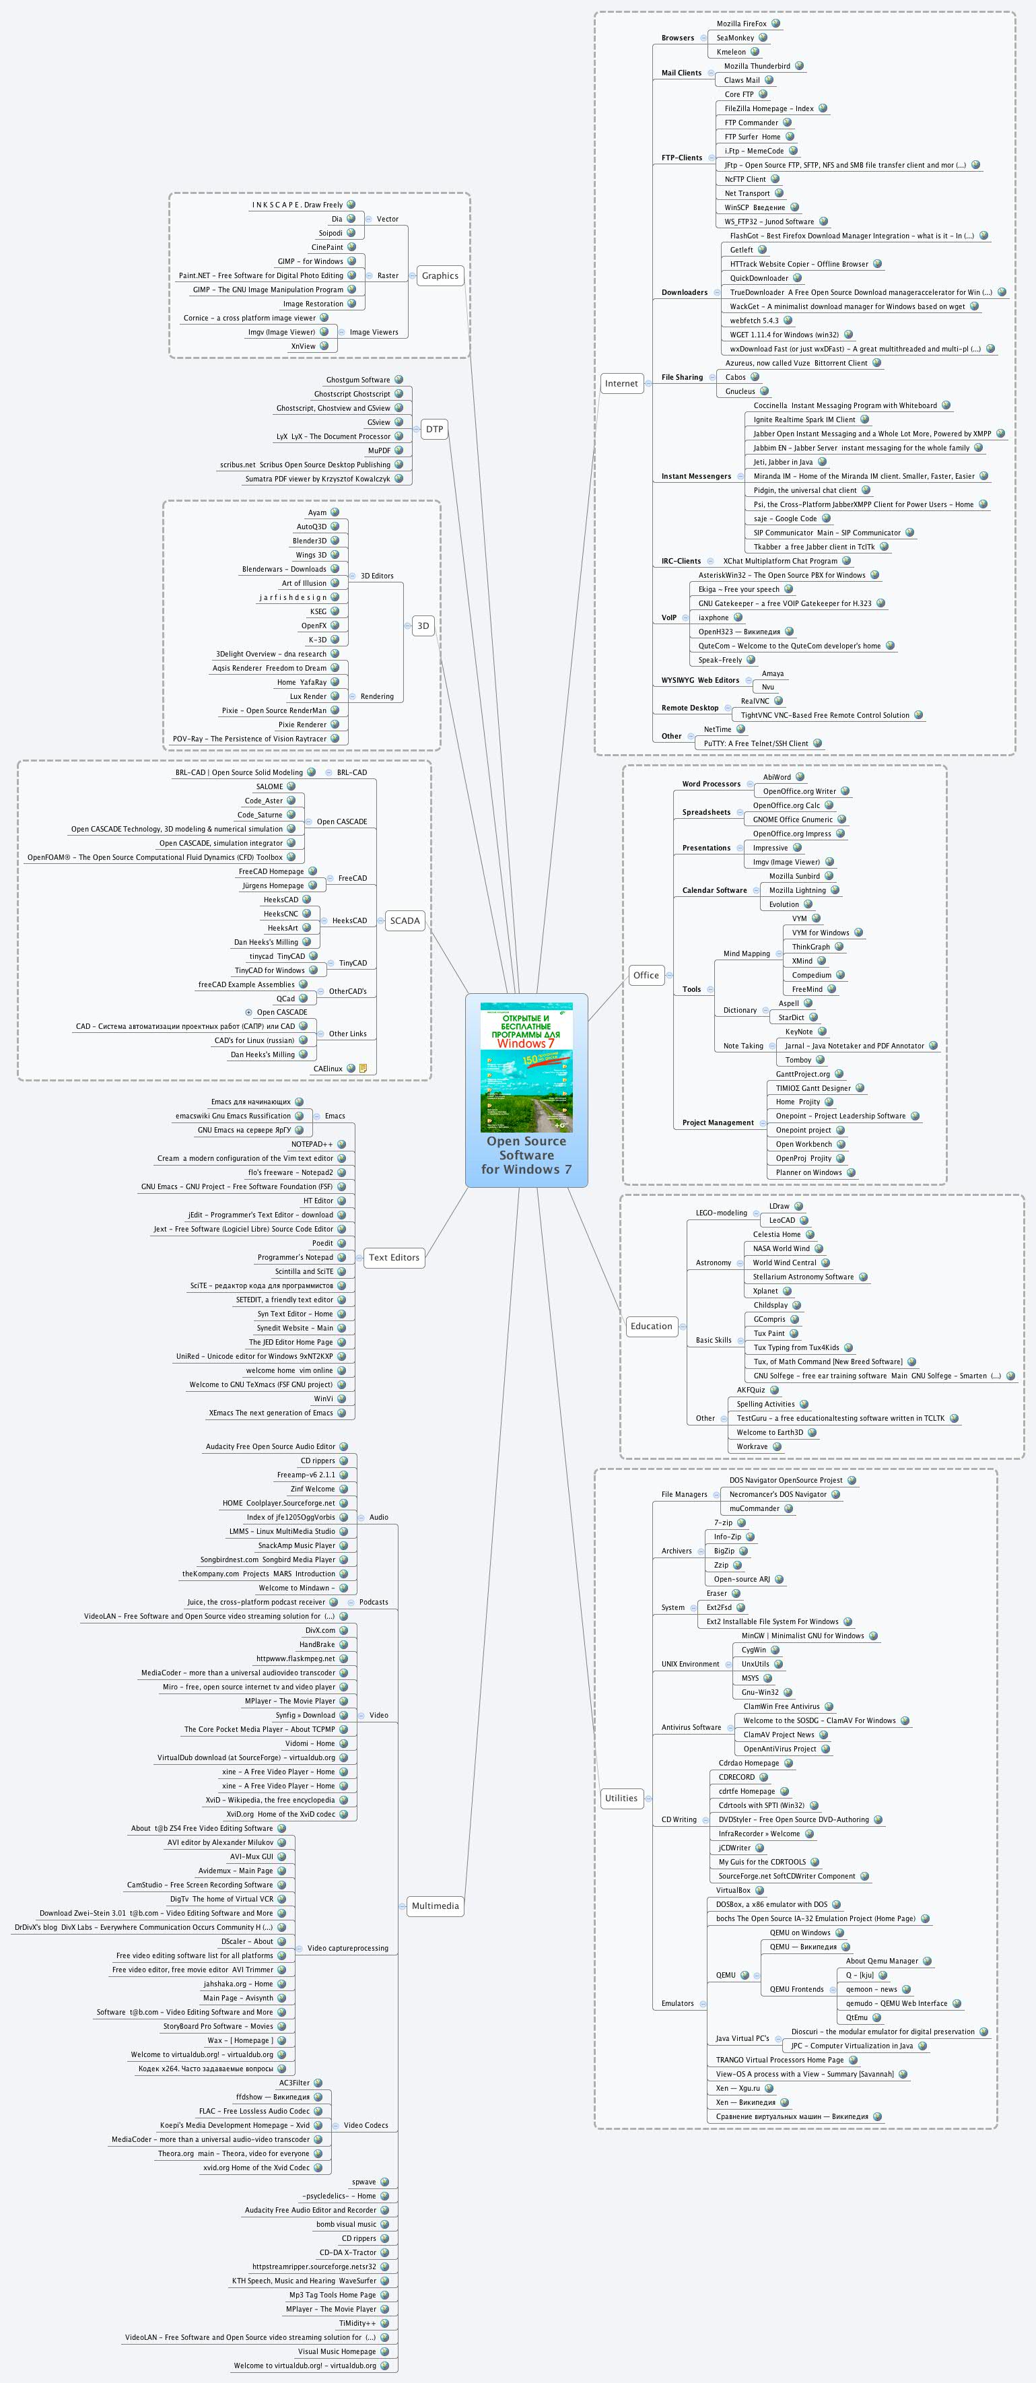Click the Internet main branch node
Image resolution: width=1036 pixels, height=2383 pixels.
tap(621, 383)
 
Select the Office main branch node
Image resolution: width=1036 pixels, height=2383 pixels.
tap(646, 975)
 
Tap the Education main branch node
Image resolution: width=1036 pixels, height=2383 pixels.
tap(651, 1326)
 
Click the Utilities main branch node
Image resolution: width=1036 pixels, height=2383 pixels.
tap(621, 1797)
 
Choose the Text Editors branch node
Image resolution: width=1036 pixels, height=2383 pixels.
tap(394, 1257)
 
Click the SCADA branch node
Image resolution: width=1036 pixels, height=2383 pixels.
tap(404, 920)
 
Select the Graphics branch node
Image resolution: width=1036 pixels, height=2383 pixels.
tap(440, 275)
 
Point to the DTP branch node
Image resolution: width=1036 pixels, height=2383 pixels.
tap(434, 429)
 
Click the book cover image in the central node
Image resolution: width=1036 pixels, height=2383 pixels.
tap(526, 1067)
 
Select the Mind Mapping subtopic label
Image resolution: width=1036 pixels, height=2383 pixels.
tap(747, 953)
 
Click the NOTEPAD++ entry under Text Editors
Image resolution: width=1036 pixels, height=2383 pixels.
tap(312, 1144)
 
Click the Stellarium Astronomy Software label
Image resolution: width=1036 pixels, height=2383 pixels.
tap(803, 1277)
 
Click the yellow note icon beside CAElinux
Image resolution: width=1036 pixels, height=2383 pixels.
tap(363, 1069)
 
